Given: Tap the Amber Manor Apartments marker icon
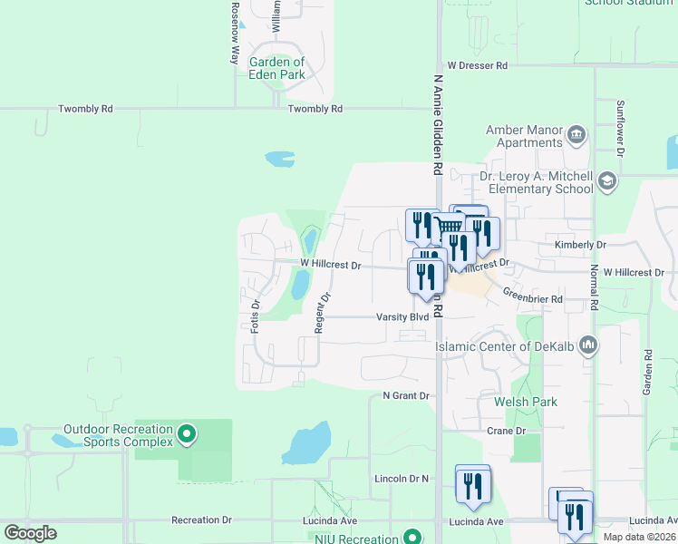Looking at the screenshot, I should click(576, 137).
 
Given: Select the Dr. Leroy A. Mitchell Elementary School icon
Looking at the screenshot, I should click(606, 183).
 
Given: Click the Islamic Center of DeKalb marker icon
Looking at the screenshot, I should click(590, 345).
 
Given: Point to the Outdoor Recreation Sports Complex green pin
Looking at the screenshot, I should click(187, 435).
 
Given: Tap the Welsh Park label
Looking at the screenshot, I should click(526, 402).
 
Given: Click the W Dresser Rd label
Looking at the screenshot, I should click(478, 66).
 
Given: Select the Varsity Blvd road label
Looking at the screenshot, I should click(402, 317).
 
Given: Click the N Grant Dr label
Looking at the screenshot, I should click(405, 395).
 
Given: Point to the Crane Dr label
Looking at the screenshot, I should click(506, 431).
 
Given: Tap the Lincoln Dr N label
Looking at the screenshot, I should click(401, 478).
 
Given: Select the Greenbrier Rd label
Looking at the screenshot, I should click(533, 298).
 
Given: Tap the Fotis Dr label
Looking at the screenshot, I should click(256, 316).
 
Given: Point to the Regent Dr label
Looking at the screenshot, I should click(322, 313).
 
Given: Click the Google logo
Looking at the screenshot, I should click(30, 533).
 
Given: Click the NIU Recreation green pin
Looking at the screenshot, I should click(414, 538).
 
